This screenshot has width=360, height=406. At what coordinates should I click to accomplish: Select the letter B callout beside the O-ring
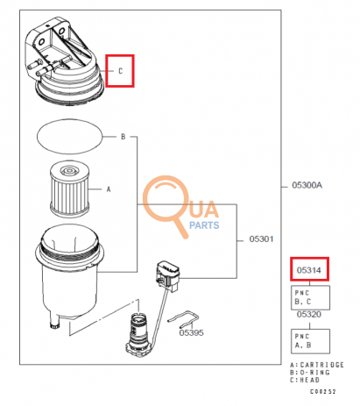(123, 137)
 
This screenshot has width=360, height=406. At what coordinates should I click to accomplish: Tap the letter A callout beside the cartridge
(109, 188)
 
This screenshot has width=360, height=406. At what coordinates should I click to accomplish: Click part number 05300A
(307, 186)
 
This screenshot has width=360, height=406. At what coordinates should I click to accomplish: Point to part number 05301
(261, 238)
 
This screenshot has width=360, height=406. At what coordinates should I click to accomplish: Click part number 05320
(307, 313)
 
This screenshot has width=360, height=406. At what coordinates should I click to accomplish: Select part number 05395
(191, 332)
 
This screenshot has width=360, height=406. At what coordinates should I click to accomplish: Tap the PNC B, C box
(309, 296)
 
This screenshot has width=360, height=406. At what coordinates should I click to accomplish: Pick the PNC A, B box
(309, 338)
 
